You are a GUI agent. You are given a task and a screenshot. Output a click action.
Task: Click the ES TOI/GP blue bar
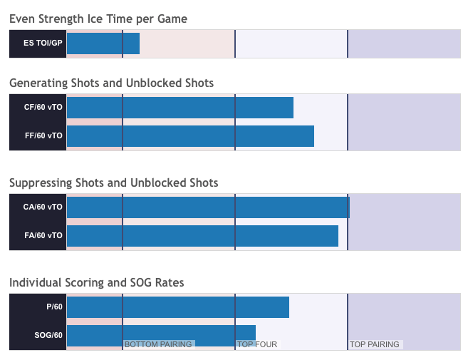[103, 43]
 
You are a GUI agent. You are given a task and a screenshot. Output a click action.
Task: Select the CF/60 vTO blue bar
[180, 108]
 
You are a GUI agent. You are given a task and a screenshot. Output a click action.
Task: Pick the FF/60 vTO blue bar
[190, 136]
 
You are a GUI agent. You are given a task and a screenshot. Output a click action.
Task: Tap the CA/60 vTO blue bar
[208, 207]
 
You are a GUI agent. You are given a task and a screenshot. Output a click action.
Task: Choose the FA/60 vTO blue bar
[202, 236]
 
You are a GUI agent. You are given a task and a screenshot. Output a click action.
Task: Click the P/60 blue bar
[178, 307]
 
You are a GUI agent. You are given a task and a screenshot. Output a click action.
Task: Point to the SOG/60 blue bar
[162, 336]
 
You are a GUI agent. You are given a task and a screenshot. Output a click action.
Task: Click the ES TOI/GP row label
[43, 43]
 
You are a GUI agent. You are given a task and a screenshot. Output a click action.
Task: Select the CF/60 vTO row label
[43, 107]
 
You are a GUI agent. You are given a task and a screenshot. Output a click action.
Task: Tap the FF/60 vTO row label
[43, 135]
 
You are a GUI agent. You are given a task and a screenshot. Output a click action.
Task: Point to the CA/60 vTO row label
[43, 207]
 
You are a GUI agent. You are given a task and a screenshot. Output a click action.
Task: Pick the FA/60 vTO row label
[43, 235]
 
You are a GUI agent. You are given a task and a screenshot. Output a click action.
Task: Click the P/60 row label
[54, 307]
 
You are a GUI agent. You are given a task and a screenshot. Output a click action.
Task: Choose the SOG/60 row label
[48, 335]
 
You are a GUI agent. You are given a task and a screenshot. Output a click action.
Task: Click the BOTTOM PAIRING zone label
[158, 344]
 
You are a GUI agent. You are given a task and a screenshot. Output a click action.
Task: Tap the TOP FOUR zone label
[257, 344]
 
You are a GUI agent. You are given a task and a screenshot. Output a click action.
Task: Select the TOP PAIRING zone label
[375, 344]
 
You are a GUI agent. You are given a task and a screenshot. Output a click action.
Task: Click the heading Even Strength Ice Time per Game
[98, 19]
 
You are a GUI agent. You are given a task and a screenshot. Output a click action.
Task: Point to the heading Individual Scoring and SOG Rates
[97, 283]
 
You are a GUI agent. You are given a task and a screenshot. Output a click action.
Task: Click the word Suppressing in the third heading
[41, 183]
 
